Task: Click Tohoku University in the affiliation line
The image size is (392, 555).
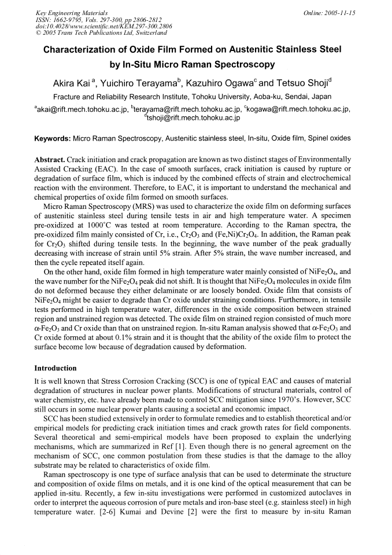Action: click(228, 95)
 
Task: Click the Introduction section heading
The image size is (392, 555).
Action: click(56, 368)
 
